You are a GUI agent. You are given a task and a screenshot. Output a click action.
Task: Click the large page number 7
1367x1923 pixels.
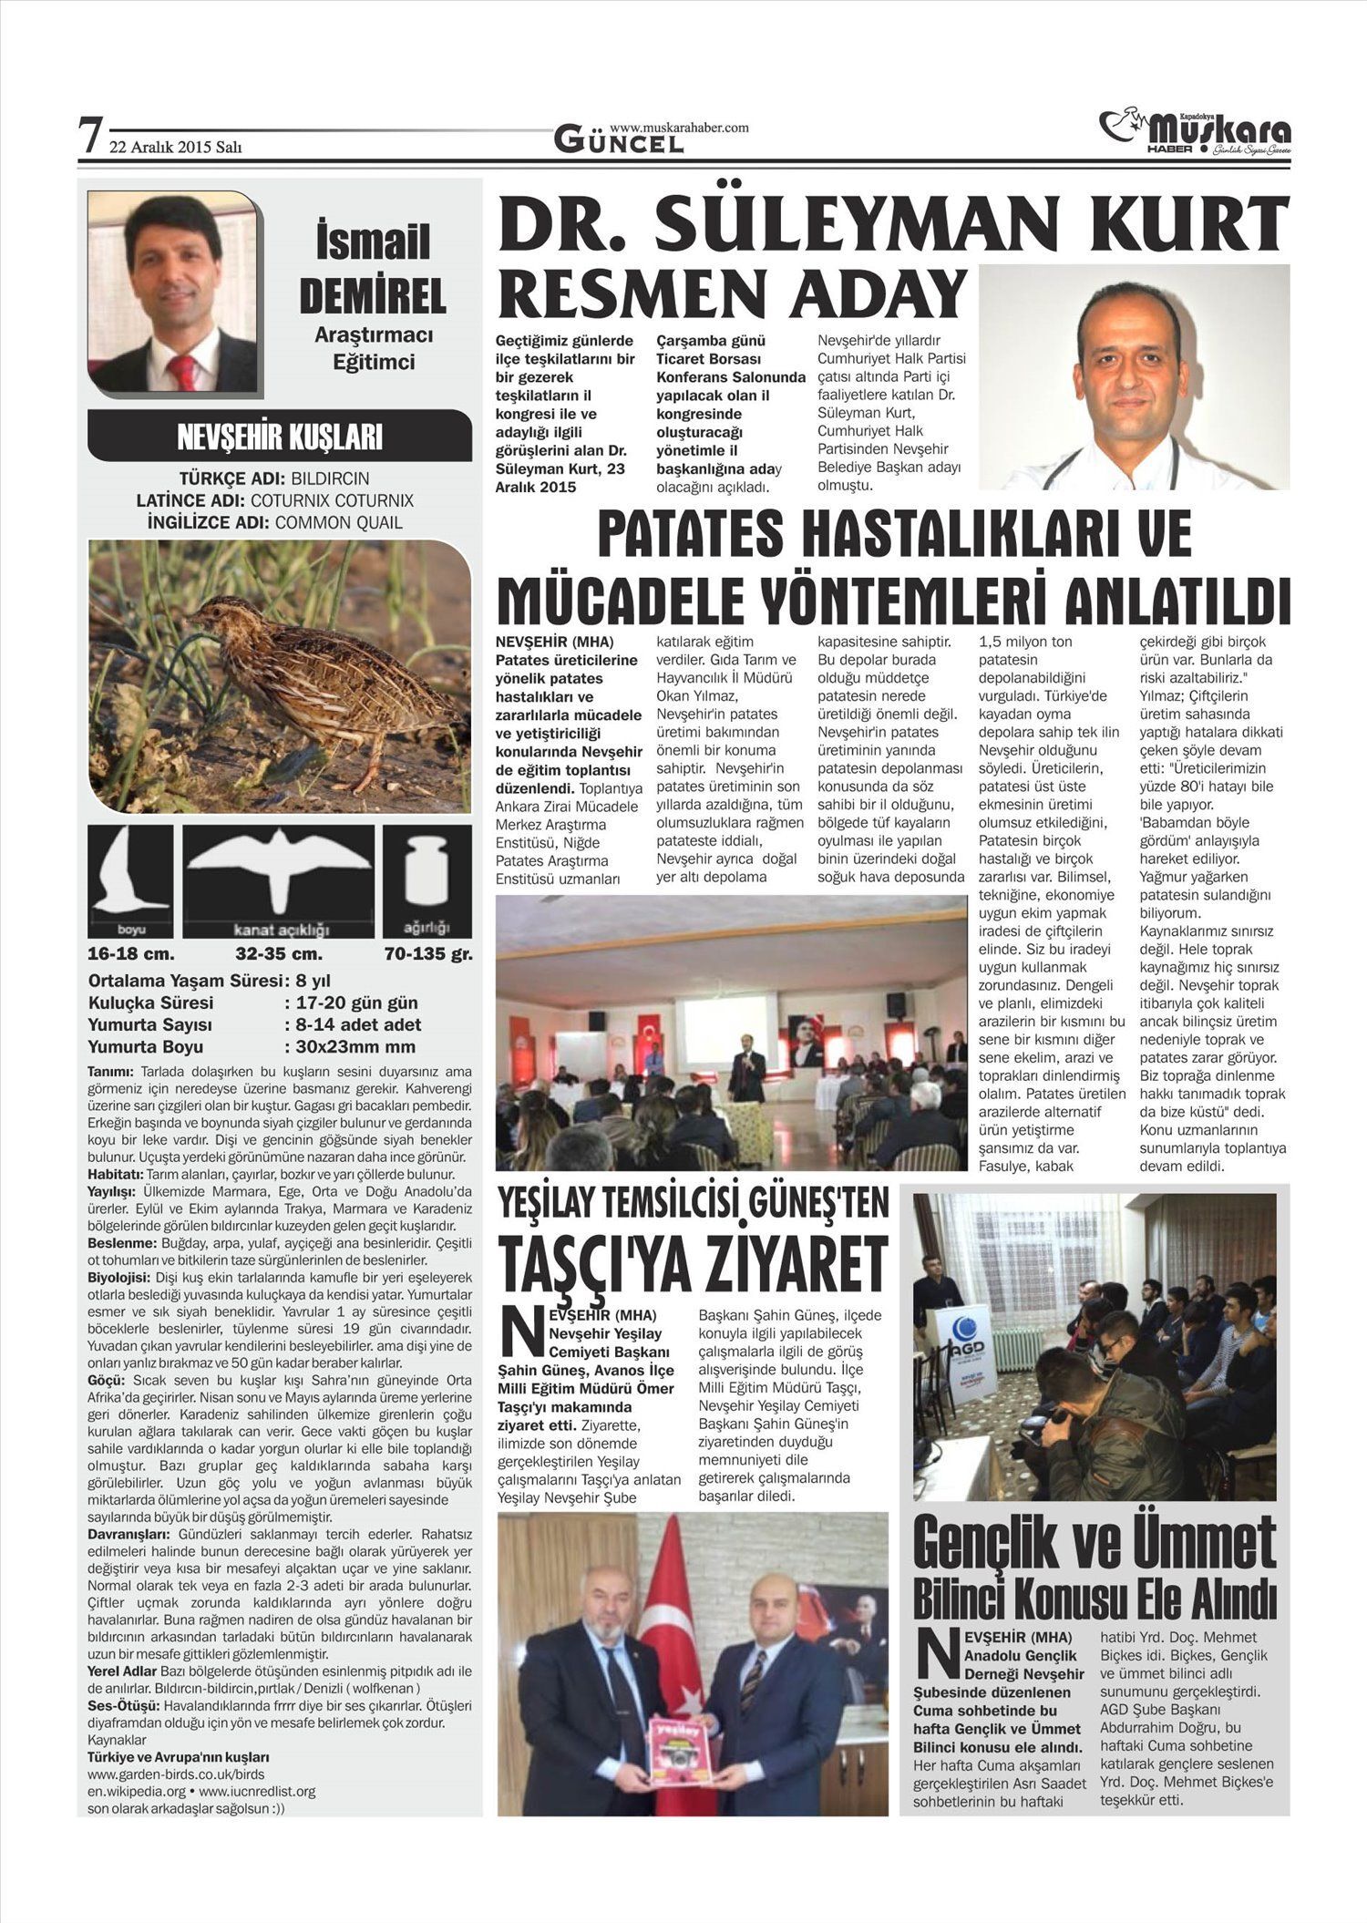click(89, 138)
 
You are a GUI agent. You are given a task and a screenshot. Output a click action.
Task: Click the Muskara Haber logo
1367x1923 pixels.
click(1195, 132)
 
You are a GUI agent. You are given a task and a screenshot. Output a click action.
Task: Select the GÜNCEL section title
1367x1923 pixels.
click(619, 141)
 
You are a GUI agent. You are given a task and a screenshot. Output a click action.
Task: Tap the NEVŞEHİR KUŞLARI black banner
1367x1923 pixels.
click(279, 437)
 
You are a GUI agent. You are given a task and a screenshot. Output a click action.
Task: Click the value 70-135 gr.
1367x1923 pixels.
click(427, 955)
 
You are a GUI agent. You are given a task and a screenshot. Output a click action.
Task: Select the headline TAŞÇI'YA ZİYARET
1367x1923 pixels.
click(692, 1265)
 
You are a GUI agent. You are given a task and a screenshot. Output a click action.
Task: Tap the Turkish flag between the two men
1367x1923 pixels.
click(675, 1632)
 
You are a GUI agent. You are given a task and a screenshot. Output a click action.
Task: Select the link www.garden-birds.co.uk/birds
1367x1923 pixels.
click(176, 1774)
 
